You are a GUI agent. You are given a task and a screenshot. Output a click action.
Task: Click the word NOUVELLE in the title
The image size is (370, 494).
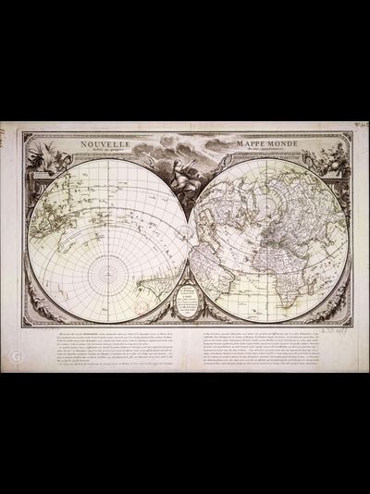click(x=105, y=144)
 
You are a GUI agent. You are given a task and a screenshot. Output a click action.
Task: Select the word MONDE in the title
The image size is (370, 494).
click(x=287, y=144)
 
